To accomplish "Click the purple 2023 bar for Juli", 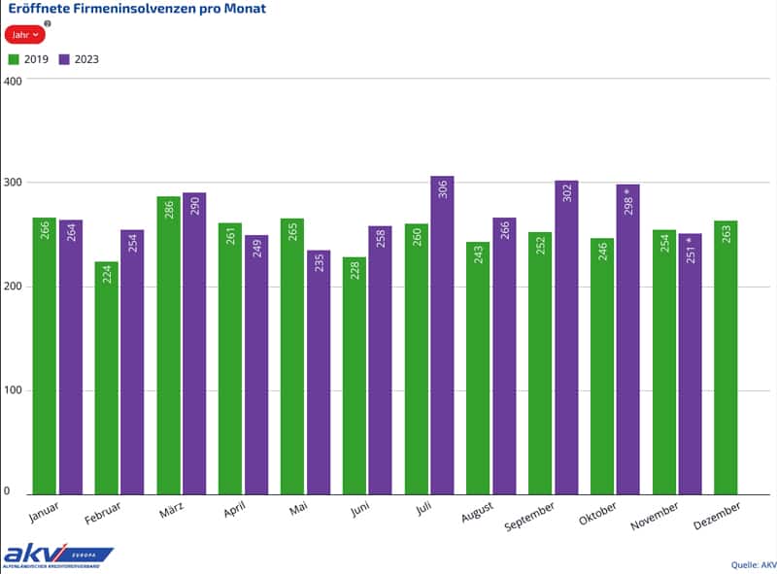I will pos(442,335).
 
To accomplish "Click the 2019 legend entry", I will pos(29,59).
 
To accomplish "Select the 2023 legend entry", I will pos(80,59).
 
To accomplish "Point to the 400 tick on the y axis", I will pos(13,80).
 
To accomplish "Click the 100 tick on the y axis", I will pos(13,390).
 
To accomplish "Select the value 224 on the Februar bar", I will pos(106,278).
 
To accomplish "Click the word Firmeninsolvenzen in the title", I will pos(129,9).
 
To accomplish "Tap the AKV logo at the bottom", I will pos(57,556).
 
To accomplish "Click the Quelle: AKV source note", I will pos(754,564).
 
